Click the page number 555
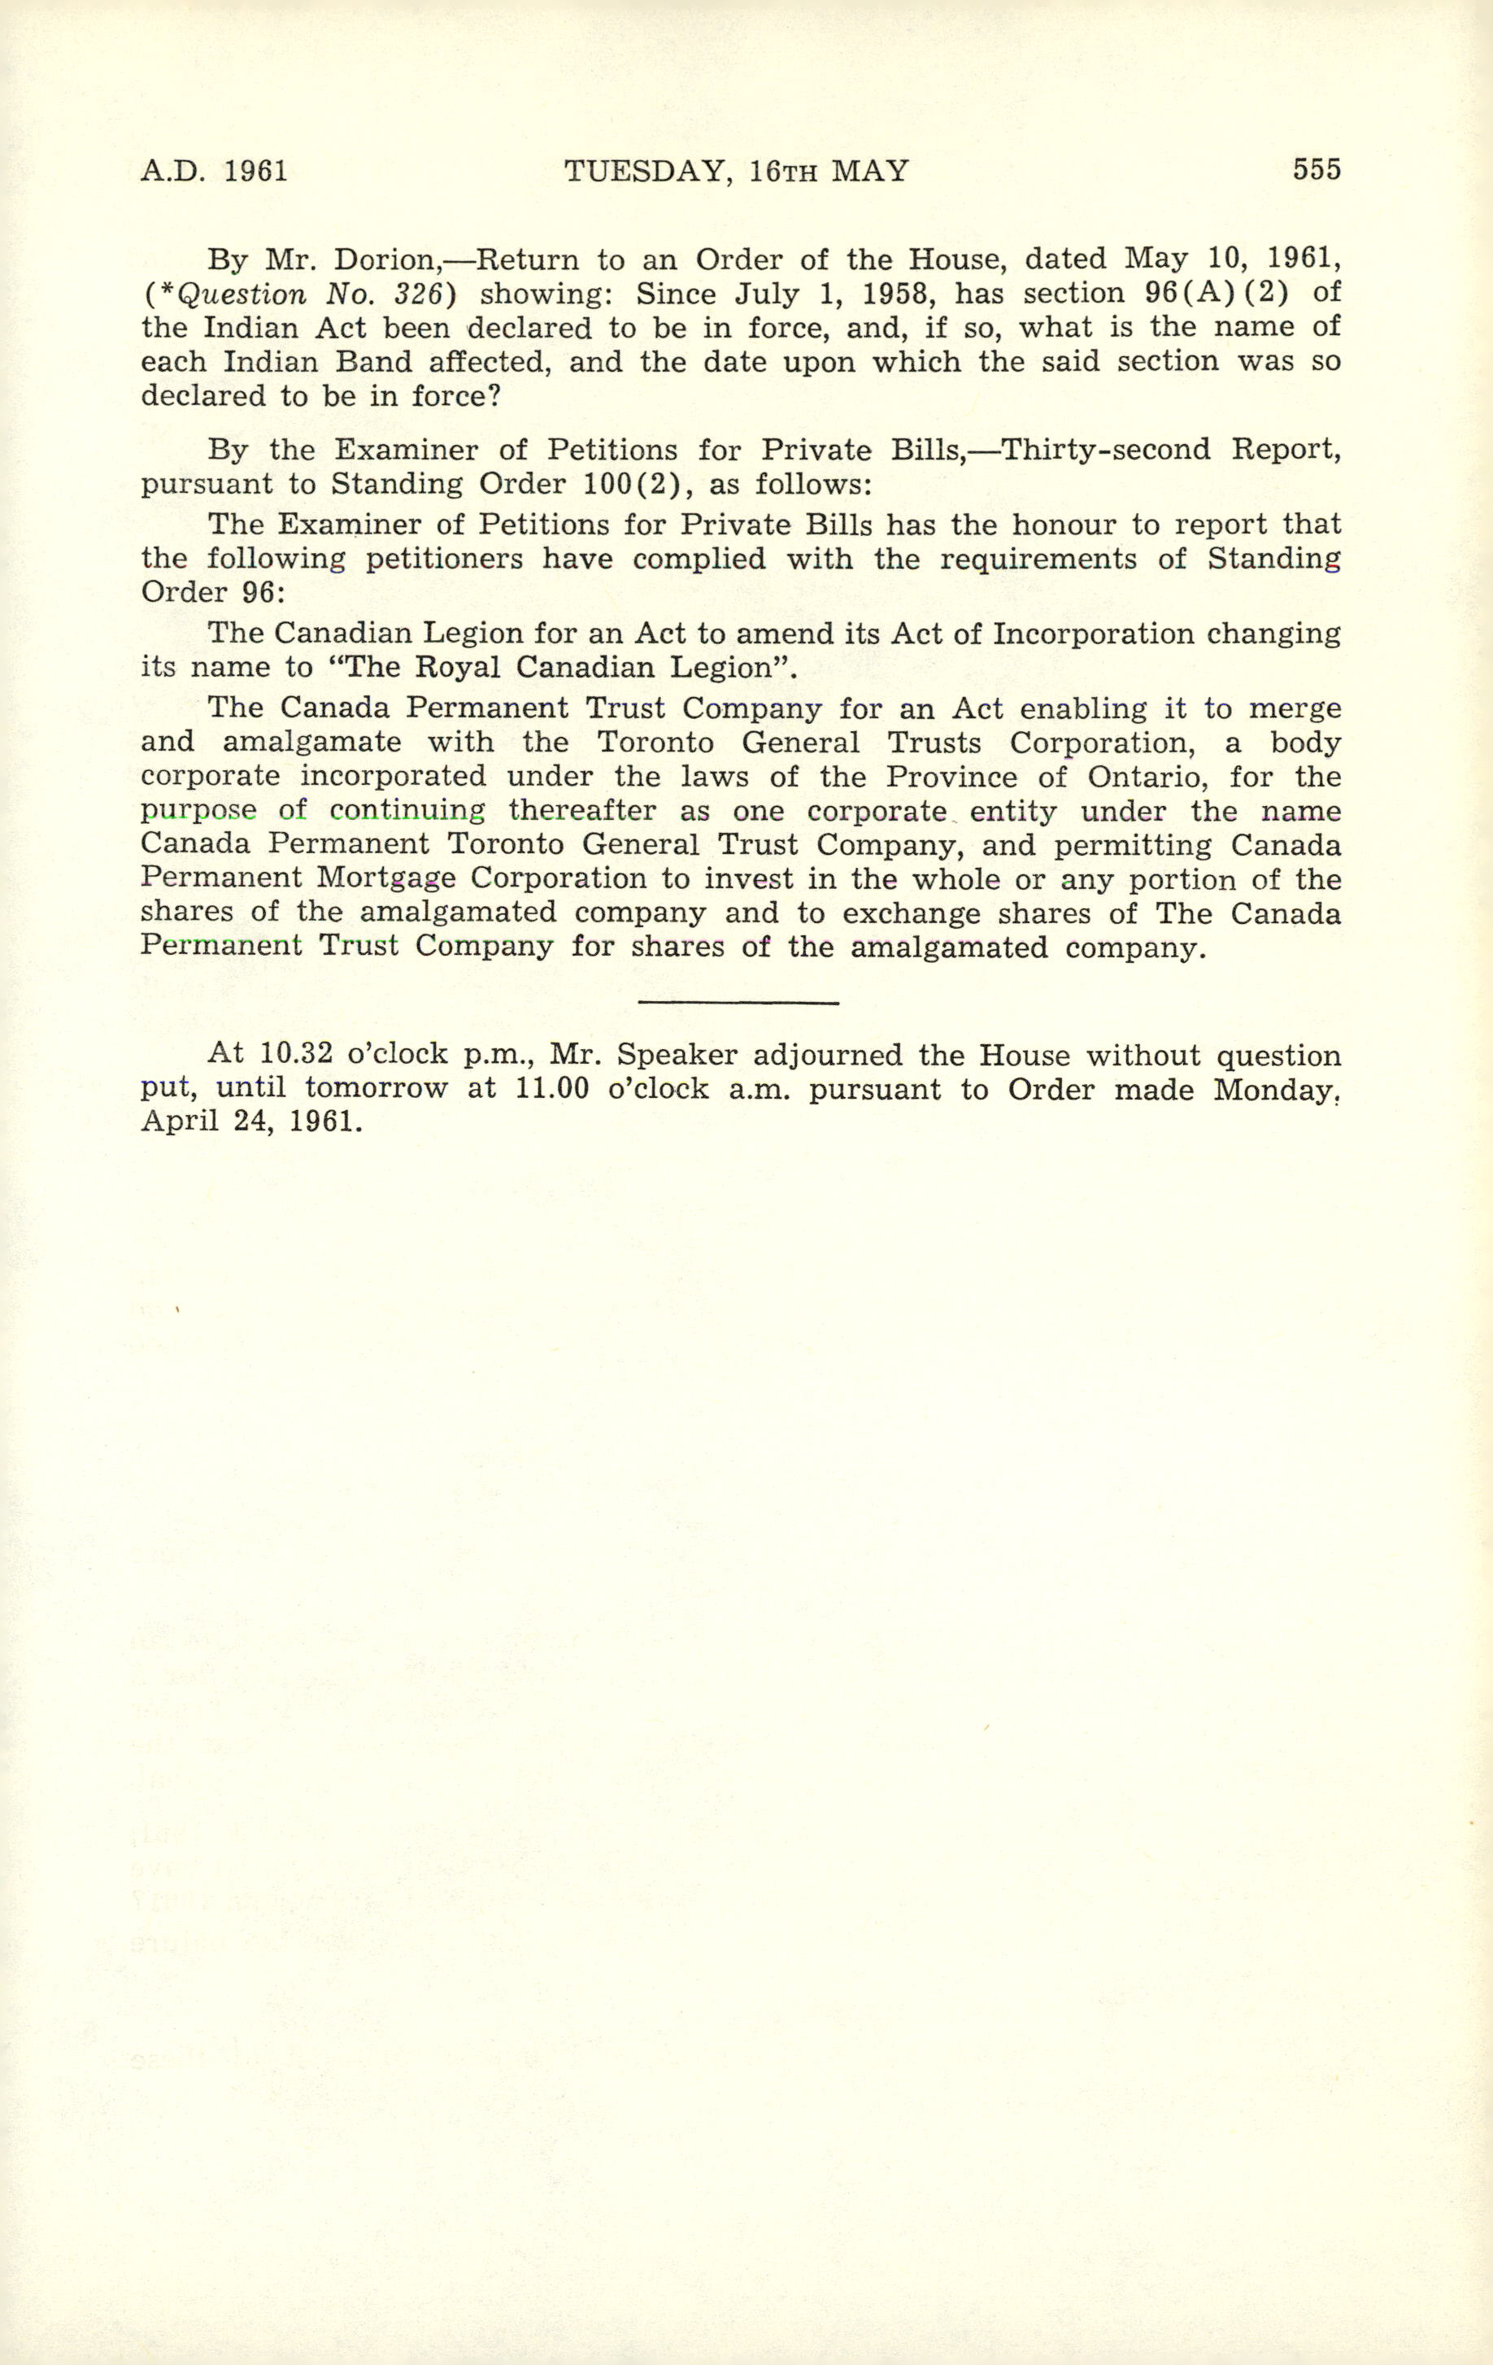pyautogui.click(x=1317, y=170)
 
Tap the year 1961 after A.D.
pyautogui.click(x=255, y=172)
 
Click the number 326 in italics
pyautogui.click(x=407, y=294)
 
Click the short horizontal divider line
pyautogui.click(x=738, y=1002)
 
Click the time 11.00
pyautogui.click(x=552, y=1089)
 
